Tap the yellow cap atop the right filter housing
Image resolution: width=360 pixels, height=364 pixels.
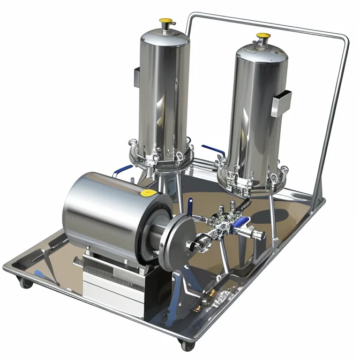coord(263,36)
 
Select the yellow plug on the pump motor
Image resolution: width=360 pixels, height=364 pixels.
coord(147,192)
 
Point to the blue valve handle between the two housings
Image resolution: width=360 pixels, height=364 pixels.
coord(211,148)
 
